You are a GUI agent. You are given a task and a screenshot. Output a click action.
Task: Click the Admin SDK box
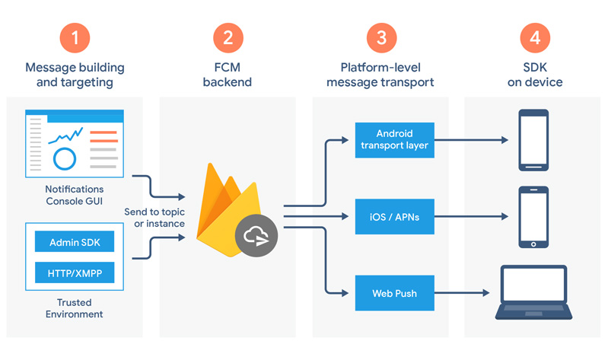[x=75, y=243]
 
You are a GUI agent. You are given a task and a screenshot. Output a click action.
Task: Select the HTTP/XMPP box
[x=75, y=272]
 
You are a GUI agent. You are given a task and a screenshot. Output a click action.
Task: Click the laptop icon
[x=533, y=292]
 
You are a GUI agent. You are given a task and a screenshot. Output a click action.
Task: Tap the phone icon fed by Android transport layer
[x=533, y=140]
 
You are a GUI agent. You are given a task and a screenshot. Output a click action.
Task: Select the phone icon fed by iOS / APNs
[x=533, y=217]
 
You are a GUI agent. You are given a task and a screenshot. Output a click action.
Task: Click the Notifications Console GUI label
[x=74, y=195]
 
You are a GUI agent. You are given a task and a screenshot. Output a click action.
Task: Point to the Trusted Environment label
[x=74, y=308]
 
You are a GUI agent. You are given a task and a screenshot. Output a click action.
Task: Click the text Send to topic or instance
[x=158, y=217]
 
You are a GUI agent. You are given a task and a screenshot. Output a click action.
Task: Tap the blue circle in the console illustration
[x=65, y=158]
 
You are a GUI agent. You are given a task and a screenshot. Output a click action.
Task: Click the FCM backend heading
[x=227, y=75]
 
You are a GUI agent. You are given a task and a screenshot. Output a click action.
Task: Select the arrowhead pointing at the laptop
[x=482, y=293]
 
